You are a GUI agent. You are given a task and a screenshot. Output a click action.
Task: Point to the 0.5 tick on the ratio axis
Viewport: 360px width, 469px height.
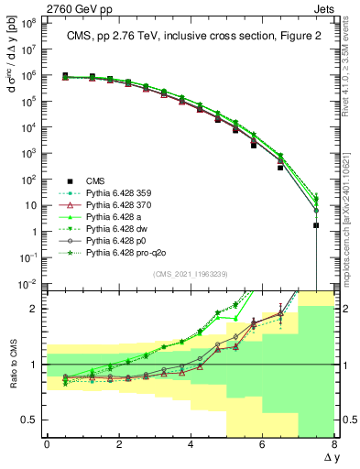click(29, 420)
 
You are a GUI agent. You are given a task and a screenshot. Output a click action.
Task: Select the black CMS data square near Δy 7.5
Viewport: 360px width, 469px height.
click(316, 225)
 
